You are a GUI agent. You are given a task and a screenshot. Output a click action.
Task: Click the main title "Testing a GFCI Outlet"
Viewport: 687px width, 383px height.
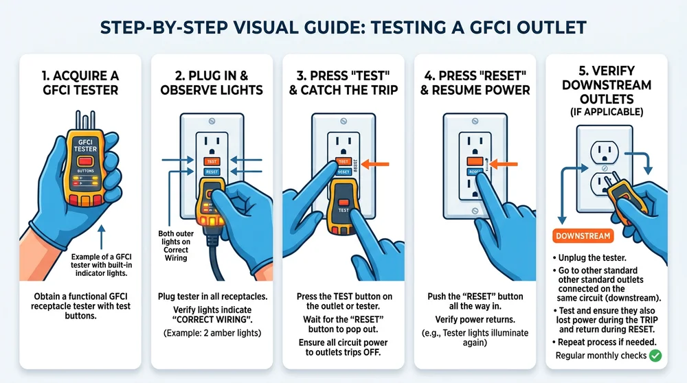coord(343,27)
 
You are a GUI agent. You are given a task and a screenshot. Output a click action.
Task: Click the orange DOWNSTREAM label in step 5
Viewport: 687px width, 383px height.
coord(583,236)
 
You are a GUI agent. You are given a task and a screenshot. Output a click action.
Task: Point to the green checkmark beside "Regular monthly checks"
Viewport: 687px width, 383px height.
coord(655,355)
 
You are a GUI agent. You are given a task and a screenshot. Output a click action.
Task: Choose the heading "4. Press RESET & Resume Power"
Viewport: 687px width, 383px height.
coord(475,81)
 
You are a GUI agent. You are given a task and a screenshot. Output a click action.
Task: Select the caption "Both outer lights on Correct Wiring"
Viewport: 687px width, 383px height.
coord(177,242)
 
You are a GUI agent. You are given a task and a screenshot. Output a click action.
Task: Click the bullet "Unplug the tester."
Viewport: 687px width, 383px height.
coord(594,257)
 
